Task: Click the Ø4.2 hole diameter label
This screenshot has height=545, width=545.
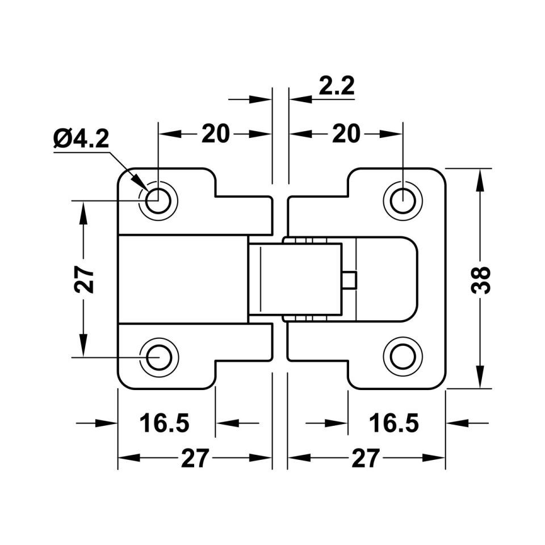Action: click(x=81, y=138)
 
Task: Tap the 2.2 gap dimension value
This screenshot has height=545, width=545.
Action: click(x=337, y=86)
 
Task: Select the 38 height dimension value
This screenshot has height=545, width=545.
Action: click(x=482, y=279)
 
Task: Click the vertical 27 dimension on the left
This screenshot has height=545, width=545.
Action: click(x=85, y=279)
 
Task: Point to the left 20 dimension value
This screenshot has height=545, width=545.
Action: click(x=216, y=134)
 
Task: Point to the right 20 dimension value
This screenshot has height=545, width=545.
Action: click(x=346, y=134)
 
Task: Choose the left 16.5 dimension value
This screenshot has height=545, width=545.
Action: click(x=165, y=423)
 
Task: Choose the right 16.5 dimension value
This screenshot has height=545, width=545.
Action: click(x=394, y=423)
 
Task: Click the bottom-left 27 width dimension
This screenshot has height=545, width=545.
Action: click(x=195, y=458)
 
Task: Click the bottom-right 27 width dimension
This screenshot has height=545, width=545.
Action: click(x=364, y=458)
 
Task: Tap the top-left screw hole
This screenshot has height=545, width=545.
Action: click(x=158, y=199)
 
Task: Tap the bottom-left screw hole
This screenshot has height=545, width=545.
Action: click(x=158, y=357)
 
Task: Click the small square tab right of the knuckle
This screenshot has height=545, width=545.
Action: click(x=350, y=280)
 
